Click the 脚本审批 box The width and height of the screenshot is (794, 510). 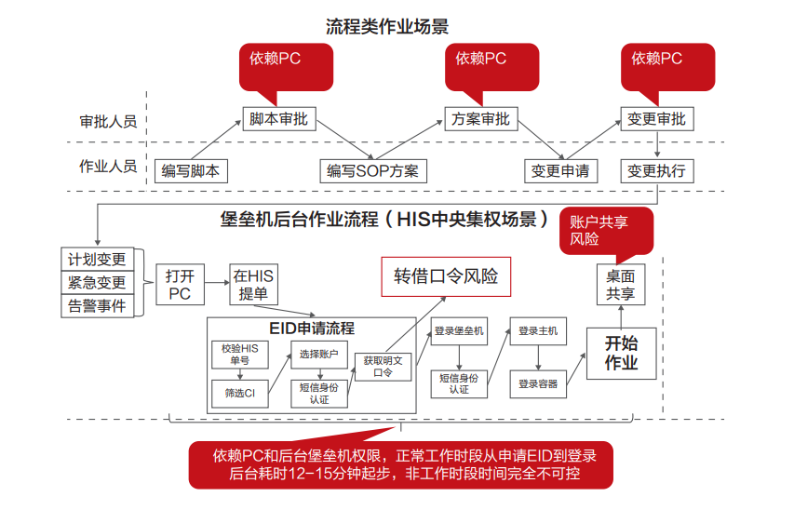pos(279,119)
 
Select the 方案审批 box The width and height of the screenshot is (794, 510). pos(481,119)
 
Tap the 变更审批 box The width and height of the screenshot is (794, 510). pos(657,119)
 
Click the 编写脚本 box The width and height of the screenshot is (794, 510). pos(191,170)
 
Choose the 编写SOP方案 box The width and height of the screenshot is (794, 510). pos(372,170)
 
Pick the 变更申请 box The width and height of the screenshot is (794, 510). pos(560,170)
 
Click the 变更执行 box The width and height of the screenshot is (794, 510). pos(657,170)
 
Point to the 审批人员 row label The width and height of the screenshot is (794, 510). pos(108,122)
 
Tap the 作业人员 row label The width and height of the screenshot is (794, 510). pos(108,167)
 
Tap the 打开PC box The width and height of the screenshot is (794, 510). pos(179,285)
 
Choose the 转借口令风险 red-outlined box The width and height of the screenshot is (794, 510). pos(446,276)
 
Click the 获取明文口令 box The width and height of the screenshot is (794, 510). pos(383,366)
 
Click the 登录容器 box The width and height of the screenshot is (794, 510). pos(538,382)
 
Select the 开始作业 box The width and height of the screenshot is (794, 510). pos(622,353)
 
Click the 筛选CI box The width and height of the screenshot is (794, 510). pos(240,394)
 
